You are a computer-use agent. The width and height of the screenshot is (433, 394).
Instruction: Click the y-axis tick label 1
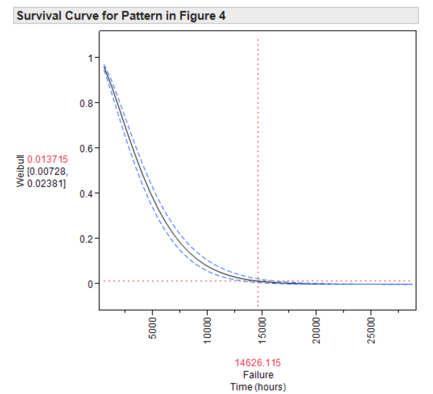90,58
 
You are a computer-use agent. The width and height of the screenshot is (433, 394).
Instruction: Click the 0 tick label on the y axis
90,284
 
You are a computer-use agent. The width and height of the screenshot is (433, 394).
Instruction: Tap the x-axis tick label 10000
207,331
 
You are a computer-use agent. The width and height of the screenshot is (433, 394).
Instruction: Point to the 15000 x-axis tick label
261,331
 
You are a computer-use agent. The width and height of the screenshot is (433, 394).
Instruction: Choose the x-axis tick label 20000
316,331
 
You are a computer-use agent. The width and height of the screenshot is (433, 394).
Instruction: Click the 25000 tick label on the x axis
370,331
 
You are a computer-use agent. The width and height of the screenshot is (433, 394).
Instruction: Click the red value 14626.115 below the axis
258,362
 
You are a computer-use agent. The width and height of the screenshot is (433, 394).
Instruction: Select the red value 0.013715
47,159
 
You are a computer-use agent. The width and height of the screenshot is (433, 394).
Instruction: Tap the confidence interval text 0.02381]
46,184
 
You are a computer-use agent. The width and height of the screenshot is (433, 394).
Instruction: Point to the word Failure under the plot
258,375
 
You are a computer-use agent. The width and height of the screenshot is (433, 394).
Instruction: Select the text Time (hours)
258,386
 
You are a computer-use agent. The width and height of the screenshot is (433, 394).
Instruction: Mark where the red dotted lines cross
258,281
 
